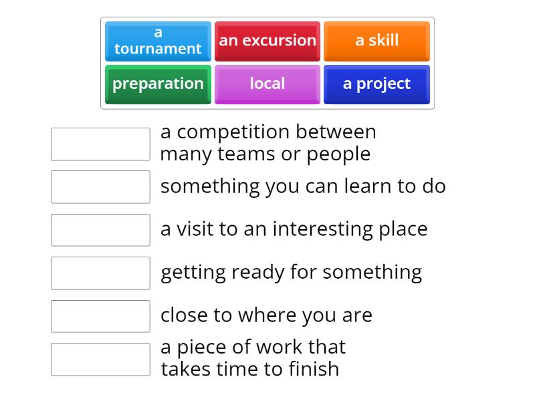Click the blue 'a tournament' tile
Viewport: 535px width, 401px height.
click(x=158, y=41)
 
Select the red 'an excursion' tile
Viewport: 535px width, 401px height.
click(x=267, y=41)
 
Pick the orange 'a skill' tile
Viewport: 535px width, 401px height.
click(x=377, y=41)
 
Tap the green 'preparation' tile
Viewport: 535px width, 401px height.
click(x=158, y=84)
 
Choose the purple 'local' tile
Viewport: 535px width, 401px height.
click(x=267, y=84)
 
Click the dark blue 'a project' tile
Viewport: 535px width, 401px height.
click(x=377, y=84)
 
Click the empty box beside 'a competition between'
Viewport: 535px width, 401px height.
click(x=100, y=144)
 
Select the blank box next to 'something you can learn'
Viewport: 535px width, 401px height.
click(x=100, y=186)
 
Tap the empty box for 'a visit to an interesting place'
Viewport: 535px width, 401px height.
click(x=100, y=230)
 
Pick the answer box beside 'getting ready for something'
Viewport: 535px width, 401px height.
click(x=100, y=273)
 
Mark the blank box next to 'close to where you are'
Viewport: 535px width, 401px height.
click(x=100, y=316)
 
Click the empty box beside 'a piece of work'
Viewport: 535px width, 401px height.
click(x=100, y=359)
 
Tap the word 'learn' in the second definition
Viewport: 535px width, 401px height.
click(x=367, y=186)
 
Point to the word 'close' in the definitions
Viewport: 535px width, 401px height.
click(x=183, y=315)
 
